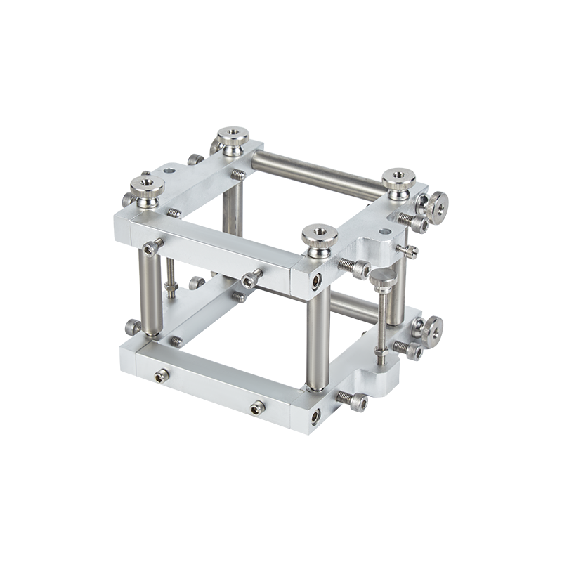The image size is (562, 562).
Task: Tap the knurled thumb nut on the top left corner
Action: tap(148, 186)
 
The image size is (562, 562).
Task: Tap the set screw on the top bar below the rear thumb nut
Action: tap(239, 173)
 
